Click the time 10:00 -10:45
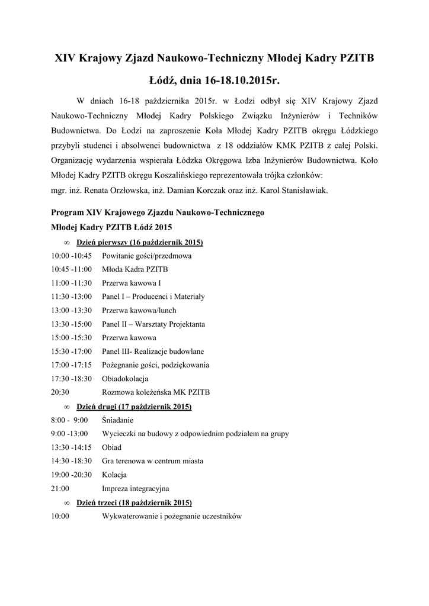pos(72,256)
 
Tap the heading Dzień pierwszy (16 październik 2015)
pos(140,243)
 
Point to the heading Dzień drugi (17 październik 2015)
pos(134,407)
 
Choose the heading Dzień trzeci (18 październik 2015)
pos(134,502)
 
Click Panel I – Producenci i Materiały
pos(153,296)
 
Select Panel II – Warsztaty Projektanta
pos(153,324)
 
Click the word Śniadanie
pos(117,420)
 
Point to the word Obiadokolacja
pos(125,379)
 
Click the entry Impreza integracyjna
pos(136,489)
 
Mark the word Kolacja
pos(114,475)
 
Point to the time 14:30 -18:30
pos(72,461)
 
